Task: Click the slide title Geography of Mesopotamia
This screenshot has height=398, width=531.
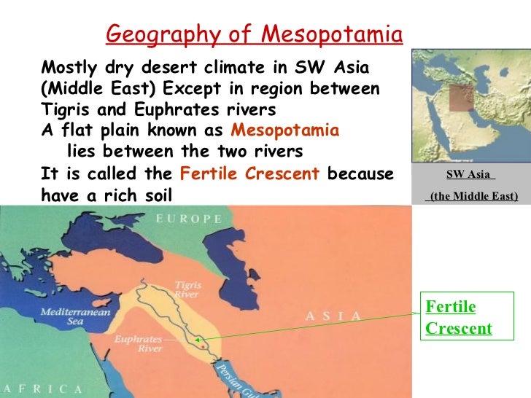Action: tap(254, 34)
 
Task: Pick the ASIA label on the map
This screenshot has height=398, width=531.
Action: tap(333, 316)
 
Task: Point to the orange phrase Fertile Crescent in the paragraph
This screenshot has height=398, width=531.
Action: tap(249, 175)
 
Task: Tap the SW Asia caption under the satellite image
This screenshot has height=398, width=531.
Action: tap(470, 175)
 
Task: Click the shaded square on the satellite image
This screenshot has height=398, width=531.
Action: tap(461, 98)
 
